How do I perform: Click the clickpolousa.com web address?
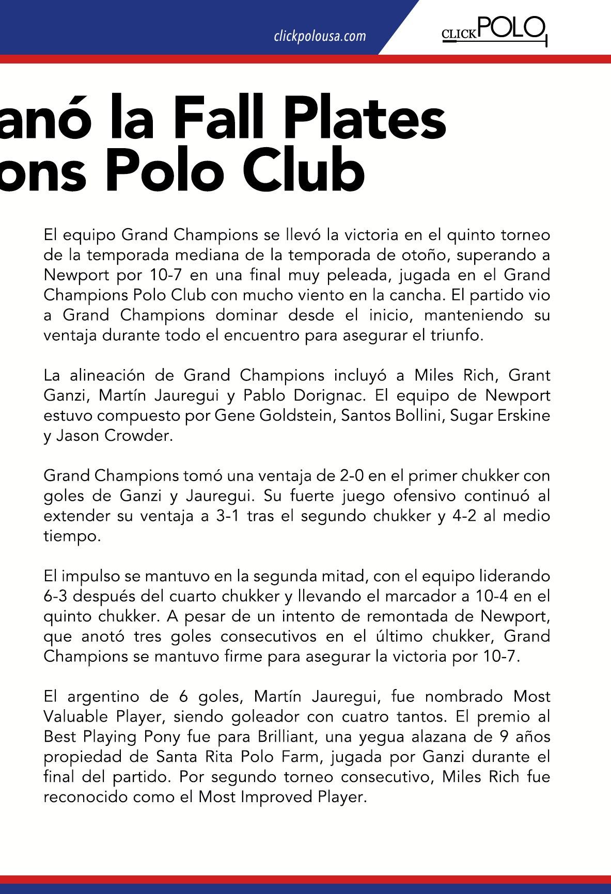coord(320,36)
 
